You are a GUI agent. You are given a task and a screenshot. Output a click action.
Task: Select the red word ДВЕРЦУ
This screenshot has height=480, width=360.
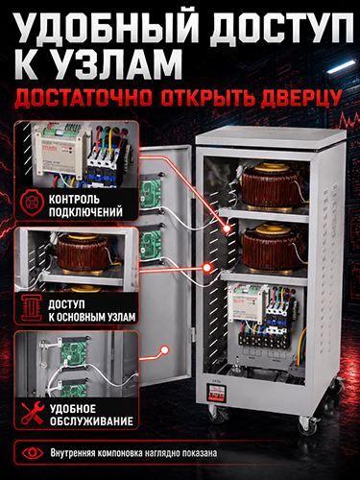tap(300, 98)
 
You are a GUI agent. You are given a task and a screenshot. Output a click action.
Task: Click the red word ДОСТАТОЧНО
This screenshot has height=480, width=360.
tap(84, 98)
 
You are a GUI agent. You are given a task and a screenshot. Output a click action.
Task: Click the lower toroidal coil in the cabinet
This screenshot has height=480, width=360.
tap(272, 247)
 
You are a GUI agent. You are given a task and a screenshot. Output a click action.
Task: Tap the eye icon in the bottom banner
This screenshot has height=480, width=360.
tap(33, 452)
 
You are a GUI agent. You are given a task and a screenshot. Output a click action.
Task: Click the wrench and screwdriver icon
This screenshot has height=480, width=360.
tap(33, 413)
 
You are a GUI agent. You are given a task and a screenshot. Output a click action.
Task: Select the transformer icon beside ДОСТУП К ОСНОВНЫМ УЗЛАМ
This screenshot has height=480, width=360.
tap(32, 308)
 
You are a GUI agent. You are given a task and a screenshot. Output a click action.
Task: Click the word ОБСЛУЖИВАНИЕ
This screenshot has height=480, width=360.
tap(91, 420)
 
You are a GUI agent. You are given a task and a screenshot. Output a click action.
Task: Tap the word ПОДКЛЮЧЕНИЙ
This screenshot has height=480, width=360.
tap(85, 212)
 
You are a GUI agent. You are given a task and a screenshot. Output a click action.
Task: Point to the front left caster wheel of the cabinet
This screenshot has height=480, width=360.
tap(218, 413)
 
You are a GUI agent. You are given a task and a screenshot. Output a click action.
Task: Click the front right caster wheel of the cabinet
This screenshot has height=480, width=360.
tap(308, 425)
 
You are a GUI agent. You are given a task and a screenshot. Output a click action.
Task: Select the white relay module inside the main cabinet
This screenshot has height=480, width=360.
tap(247, 303)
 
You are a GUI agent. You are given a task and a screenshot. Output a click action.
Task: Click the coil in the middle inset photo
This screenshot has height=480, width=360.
tap(84, 253)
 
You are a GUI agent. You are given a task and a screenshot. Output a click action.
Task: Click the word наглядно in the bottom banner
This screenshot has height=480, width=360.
tap(162, 453)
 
